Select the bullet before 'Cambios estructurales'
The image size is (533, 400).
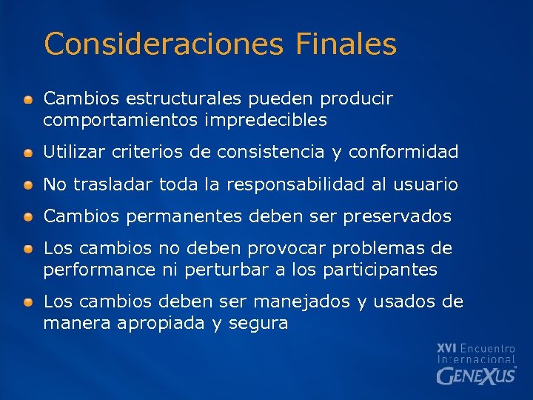coord(27,99)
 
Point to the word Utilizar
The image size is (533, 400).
coord(75,153)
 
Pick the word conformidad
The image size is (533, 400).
coord(403,153)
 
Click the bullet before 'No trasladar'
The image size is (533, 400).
coord(27,185)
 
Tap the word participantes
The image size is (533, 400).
coord(381,270)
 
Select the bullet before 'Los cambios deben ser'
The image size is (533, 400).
coord(27,303)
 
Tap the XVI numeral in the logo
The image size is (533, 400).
coord(447,347)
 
